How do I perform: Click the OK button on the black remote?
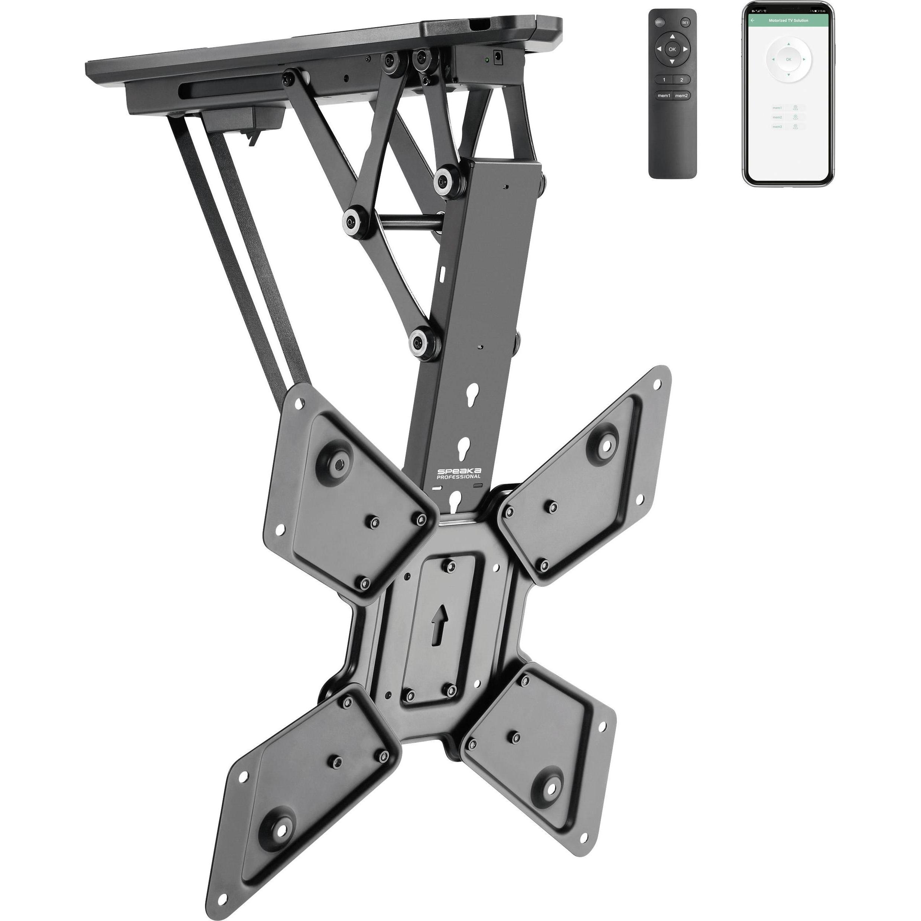672,49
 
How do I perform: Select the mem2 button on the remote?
681,96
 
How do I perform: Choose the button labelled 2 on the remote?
681,79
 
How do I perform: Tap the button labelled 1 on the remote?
664,79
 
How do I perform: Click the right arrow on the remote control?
685,49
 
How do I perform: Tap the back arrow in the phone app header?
753,20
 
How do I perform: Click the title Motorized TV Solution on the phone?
788,20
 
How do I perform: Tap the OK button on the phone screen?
788,59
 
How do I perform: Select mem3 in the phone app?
778,127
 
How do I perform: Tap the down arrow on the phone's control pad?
788,75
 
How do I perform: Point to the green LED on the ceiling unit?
486,60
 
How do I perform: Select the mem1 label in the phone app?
778,108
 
